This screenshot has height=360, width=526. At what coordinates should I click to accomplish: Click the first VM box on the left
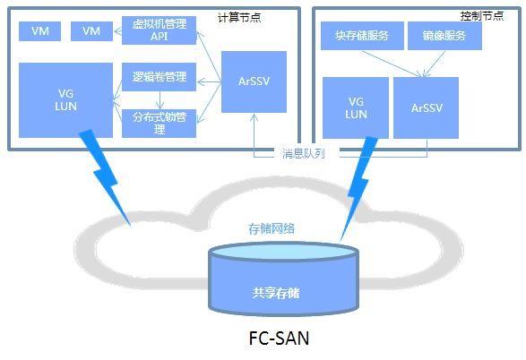[x=39, y=31]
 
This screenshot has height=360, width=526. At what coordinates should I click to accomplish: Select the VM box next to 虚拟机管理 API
[x=91, y=31]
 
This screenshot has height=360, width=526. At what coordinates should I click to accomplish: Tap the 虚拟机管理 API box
[x=159, y=30]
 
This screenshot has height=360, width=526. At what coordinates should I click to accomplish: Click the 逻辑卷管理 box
[x=159, y=77]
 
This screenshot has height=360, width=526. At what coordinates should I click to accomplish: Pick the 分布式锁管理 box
[x=159, y=124]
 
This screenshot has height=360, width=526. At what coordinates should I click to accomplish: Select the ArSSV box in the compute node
[x=254, y=81]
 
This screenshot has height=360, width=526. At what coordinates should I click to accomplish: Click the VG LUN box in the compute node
[x=65, y=100]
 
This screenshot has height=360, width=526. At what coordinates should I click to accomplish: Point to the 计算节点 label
[x=239, y=17]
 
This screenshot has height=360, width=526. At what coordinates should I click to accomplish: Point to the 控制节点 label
[x=482, y=16]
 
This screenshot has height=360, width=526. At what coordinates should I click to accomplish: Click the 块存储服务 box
[x=362, y=36]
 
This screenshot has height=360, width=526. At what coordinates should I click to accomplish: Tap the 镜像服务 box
[x=444, y=36]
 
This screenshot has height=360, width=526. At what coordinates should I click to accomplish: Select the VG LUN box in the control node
[x=356, y=108]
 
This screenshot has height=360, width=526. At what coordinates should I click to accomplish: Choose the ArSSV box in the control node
[x=426, y=108]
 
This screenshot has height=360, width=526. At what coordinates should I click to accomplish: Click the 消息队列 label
[x=303, y=153]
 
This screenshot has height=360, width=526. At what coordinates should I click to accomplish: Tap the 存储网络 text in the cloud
[x=272, y=228]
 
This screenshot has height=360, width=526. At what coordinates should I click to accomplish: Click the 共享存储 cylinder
[x=284, y=279]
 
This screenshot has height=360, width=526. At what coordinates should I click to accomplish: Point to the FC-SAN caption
[x=279, y=338]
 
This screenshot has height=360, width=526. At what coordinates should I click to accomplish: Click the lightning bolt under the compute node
[x=106, y=177]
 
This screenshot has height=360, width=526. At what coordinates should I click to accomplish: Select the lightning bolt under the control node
[x=358, y=188]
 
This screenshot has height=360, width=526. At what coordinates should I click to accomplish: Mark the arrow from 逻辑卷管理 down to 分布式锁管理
[x=160, y=100]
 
